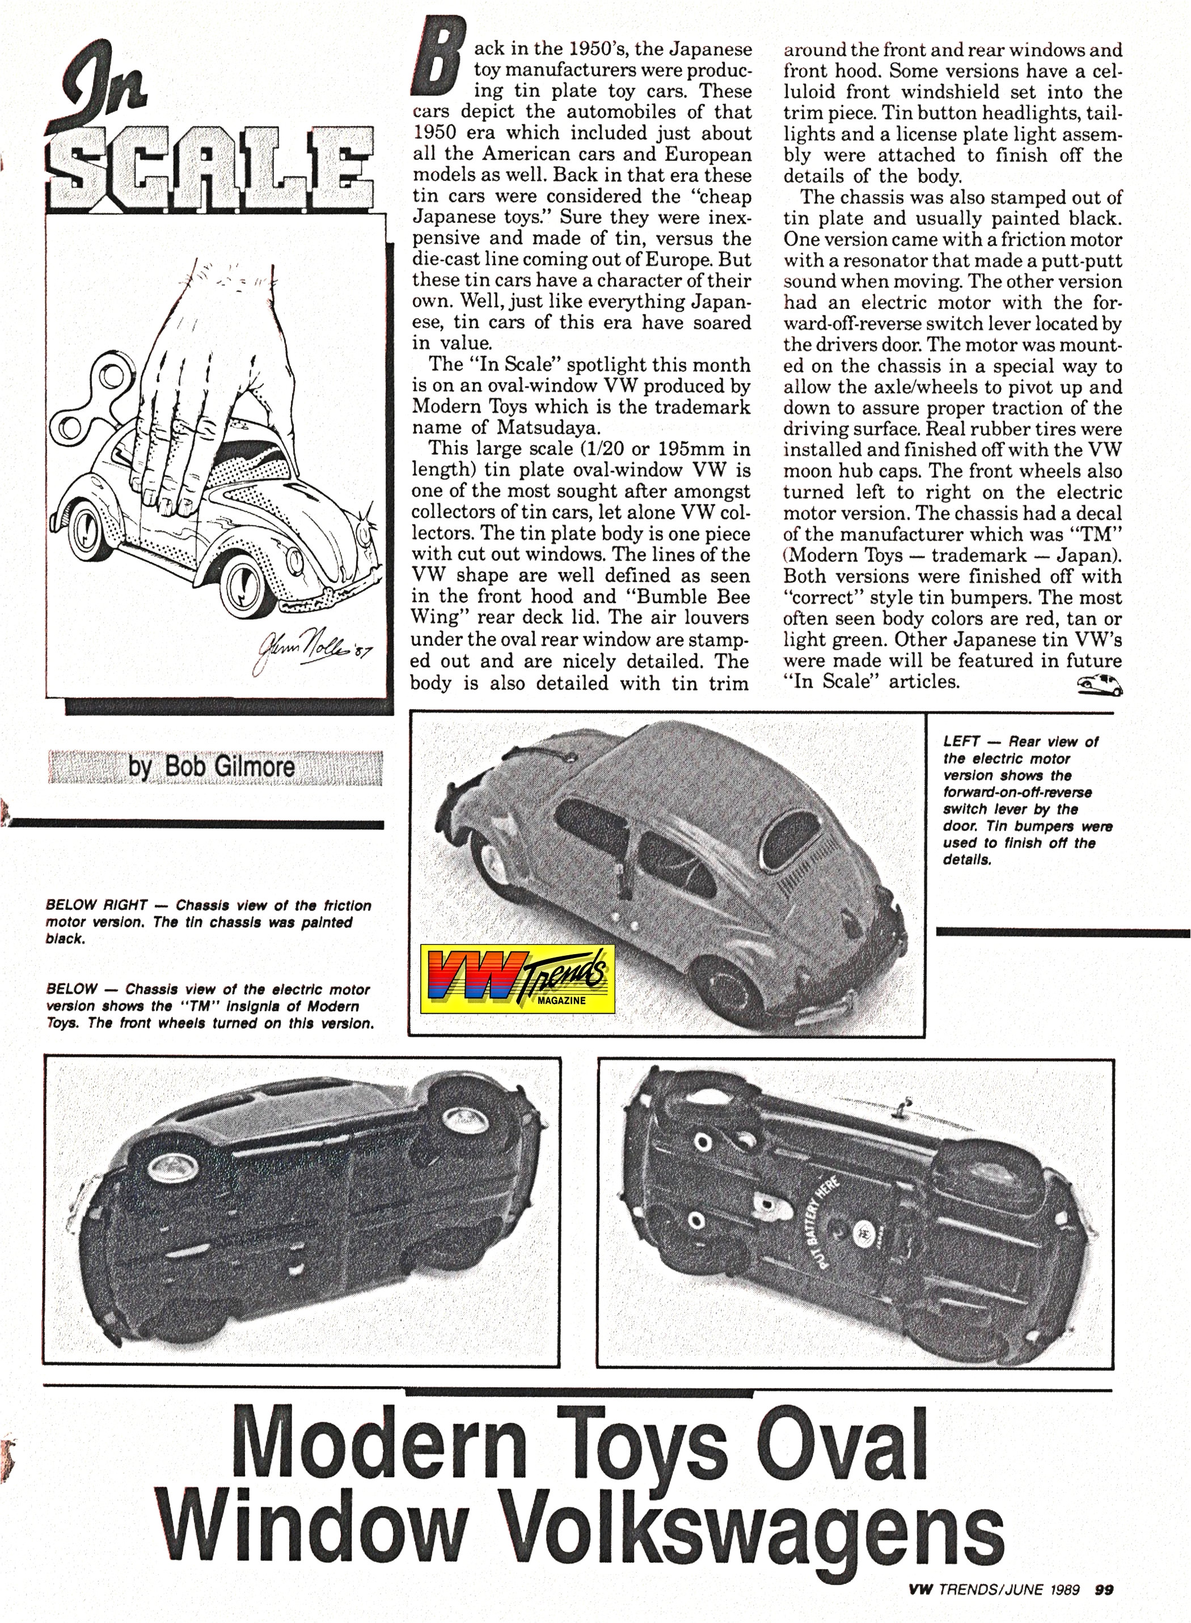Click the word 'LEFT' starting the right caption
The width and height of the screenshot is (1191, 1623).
click(x=961, y=741)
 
